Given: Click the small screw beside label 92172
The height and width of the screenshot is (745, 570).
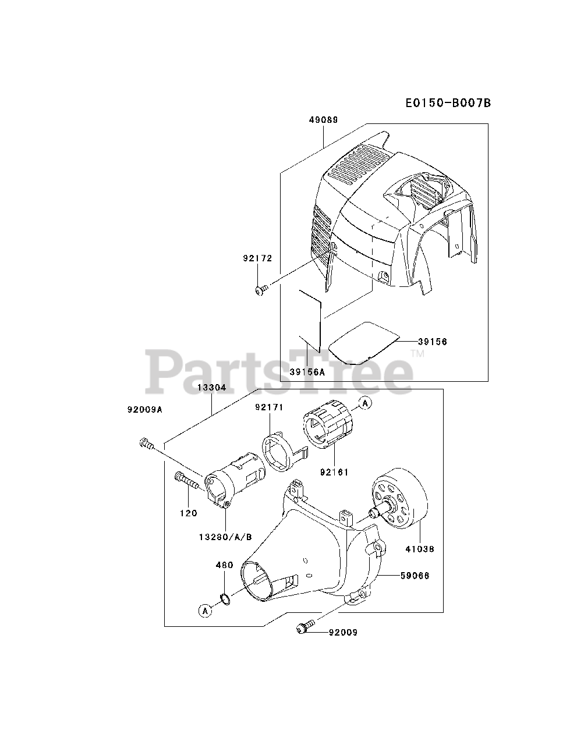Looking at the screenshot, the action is [261, 288].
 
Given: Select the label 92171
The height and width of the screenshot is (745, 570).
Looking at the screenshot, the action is [268, 407].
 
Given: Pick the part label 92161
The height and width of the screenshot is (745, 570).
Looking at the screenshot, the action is [334, 472].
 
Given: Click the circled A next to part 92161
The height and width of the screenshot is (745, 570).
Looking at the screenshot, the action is [365, 402].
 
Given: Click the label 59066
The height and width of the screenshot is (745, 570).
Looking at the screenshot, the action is [415, 576].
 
